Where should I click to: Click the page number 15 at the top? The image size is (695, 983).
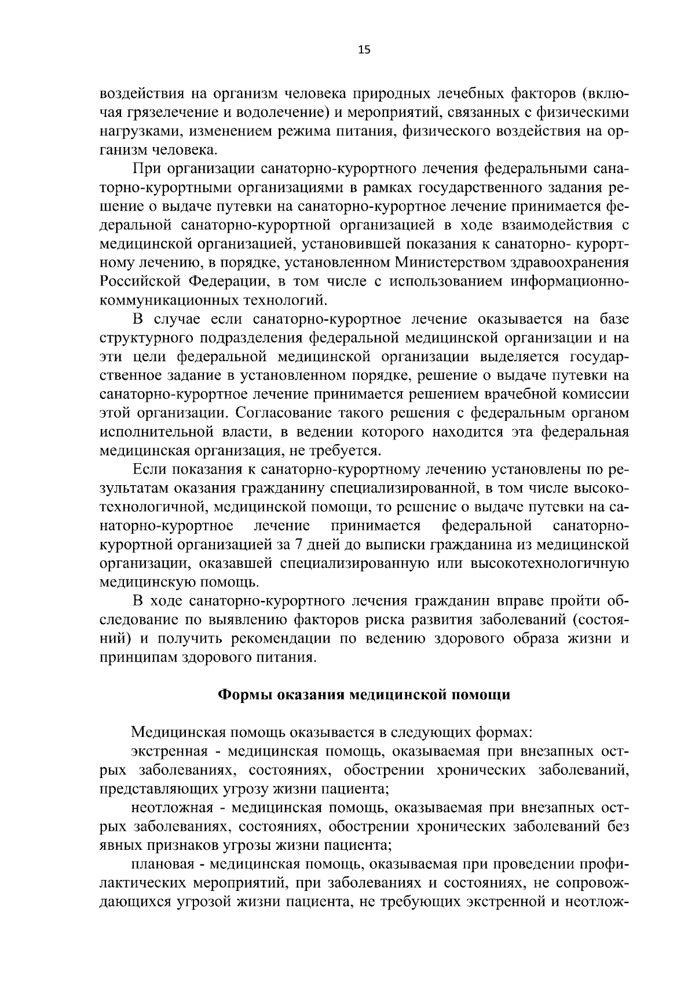364,50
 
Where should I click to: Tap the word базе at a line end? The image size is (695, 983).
612,319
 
